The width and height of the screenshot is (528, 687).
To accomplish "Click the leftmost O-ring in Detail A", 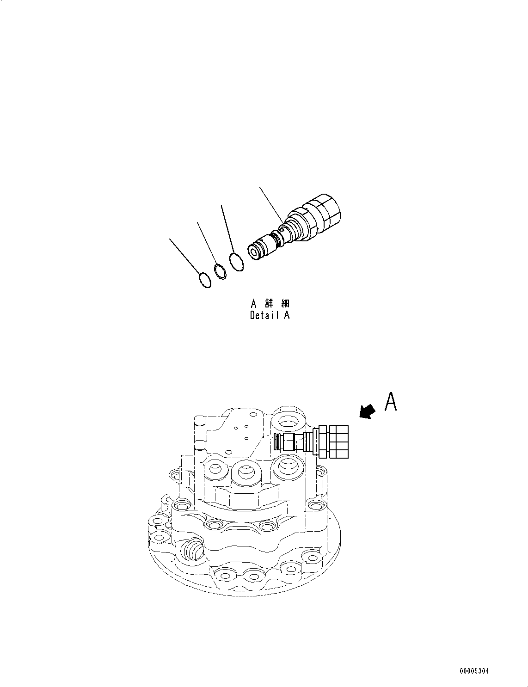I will click(x=204, y=280).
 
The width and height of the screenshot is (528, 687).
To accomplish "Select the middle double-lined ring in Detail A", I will click(x=220, y=271).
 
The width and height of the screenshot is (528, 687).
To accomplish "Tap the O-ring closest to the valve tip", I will click(x=236, y=262).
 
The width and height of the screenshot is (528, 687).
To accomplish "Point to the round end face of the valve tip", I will click(x=254, y=251).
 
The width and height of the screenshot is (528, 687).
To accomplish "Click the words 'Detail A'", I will click(x=270, y=316).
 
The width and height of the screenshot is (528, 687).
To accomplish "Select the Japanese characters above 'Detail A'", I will click(x=270, y=304).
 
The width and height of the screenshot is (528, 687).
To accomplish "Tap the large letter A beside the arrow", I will click(x=391, y=402).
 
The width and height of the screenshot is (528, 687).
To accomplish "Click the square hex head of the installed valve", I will click(x=339, y=441).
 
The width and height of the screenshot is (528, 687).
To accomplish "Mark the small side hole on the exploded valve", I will click(x=282, y=227).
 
